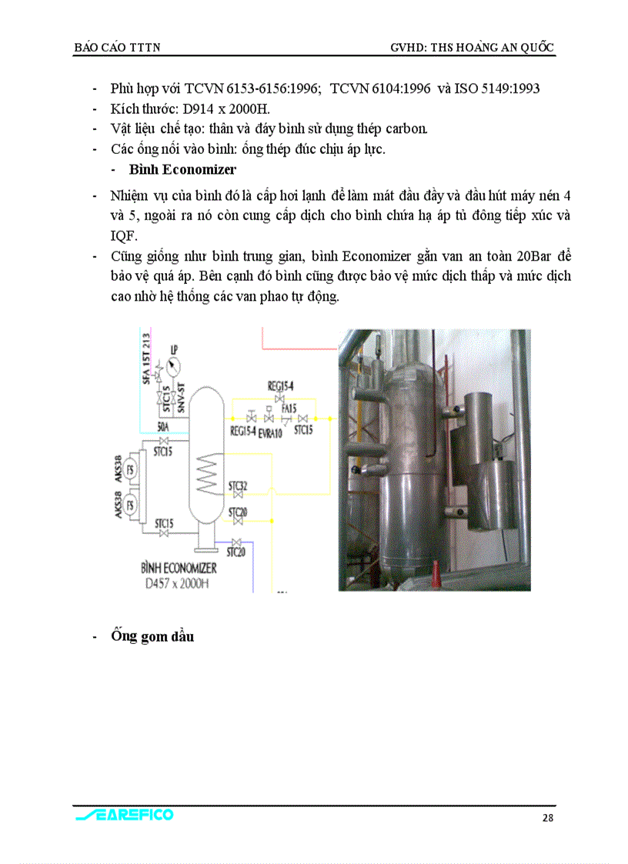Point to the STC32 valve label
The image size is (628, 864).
237,486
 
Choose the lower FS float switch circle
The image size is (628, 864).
131,505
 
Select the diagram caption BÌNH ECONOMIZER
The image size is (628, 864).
179,568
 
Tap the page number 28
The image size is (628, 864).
547,818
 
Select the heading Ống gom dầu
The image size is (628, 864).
152,636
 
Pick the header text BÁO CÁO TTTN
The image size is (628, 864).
116,48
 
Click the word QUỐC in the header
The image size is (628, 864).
537,48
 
